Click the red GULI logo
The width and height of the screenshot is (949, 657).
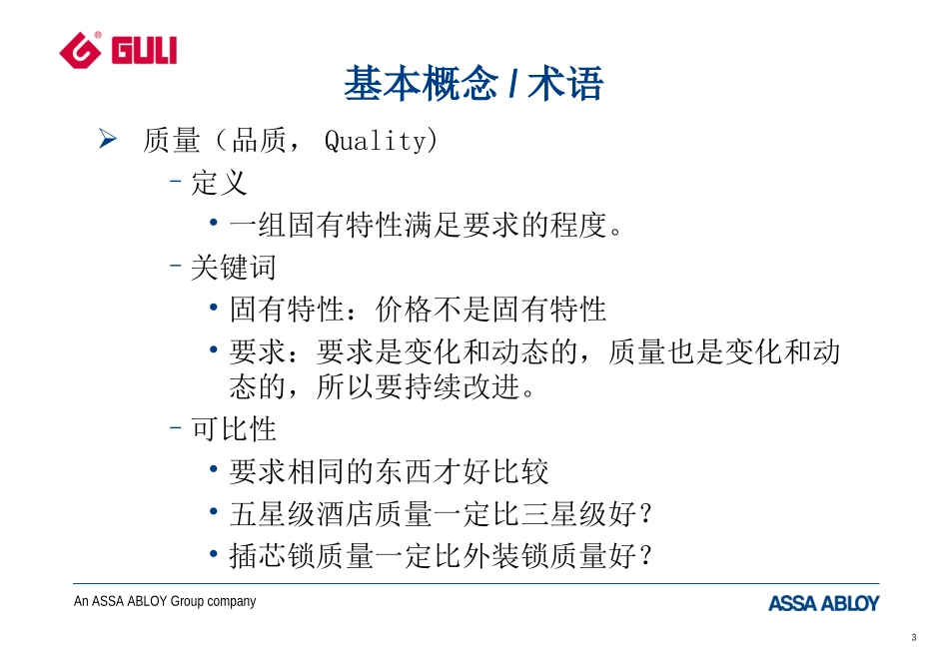coord(118,47)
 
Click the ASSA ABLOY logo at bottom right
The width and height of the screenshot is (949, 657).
coord(823,603)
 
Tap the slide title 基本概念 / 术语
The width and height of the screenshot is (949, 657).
coord(474,84)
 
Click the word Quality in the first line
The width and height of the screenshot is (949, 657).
coord(376,142)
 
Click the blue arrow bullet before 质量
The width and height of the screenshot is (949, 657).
coord(109,141)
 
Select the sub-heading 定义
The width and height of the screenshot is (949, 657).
coord(219,184)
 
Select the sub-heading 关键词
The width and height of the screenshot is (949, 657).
coord(233,268)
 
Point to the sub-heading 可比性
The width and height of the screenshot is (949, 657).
coord(233,429)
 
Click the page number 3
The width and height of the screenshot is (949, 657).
coord(914,638)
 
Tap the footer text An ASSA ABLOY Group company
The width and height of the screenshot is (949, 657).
coord(165,601)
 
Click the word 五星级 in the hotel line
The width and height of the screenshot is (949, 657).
coord(272,514)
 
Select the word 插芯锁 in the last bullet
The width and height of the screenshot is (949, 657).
coord(272,556)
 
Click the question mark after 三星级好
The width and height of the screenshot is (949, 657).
coord(644,514)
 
